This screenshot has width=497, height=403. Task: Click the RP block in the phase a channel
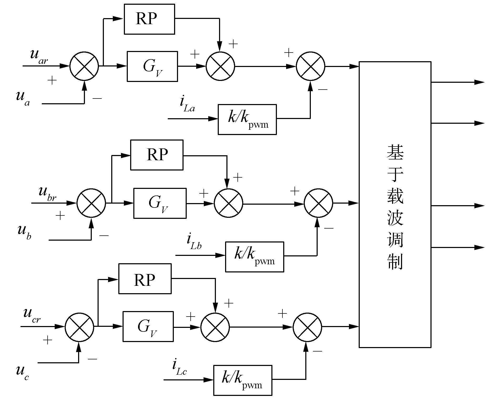[x=149, y=19]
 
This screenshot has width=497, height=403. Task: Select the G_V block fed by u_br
[x=160, y=203]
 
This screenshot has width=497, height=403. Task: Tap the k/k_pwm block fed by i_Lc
[x=242, y=380]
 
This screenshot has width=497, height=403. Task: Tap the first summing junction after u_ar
[x=84, y=66]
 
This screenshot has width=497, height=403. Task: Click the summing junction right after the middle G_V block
[x=229, y=203]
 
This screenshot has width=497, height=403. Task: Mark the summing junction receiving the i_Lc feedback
[x=307, y=327]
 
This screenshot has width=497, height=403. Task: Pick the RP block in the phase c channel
[x=145, y=279]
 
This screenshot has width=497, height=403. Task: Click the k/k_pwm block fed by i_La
[x=247, y=120]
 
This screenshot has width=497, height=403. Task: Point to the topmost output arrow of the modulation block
[x=479, y=82]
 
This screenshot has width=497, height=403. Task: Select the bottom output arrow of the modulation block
[x=479, y=247]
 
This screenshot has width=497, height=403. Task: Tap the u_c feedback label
[x=22, y=373]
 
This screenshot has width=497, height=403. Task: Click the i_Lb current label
[x=194, y=242]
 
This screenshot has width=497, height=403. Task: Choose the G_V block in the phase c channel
[x=148, y=327]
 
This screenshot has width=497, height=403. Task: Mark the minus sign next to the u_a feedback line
[x=97, y=99]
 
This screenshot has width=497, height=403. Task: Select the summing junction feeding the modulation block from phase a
[x=311, y=66]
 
